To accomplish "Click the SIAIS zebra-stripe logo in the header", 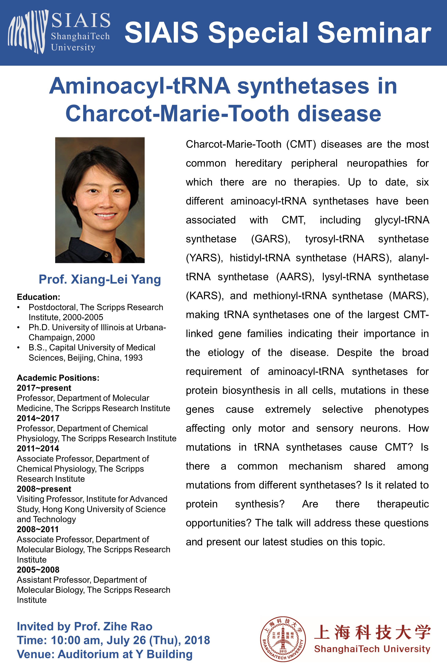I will pyautogui.click(x=28, y=32).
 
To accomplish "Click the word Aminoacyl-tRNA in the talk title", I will pyautogui.click(x=140, y=86).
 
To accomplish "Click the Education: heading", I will pyautogui.click(x=38, y=297).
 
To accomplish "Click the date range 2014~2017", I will pyautogui.click(x=38, y=418).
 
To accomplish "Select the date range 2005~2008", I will pyautogui.click(x=38, y=570).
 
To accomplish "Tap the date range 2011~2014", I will pyautogui.click(x=38, y=449).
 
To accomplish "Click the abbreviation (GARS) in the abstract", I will pyautogui.click(x=270, y=239).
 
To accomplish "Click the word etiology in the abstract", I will pyautogui.click(x=226, y=353).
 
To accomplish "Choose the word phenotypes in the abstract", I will pyautogui.click(x=401, y=409).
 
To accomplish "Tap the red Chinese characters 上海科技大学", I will pyautogui.click(x=372, y=633).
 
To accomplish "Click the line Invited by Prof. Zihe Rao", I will pyautogui.click(x=85, y=626).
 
